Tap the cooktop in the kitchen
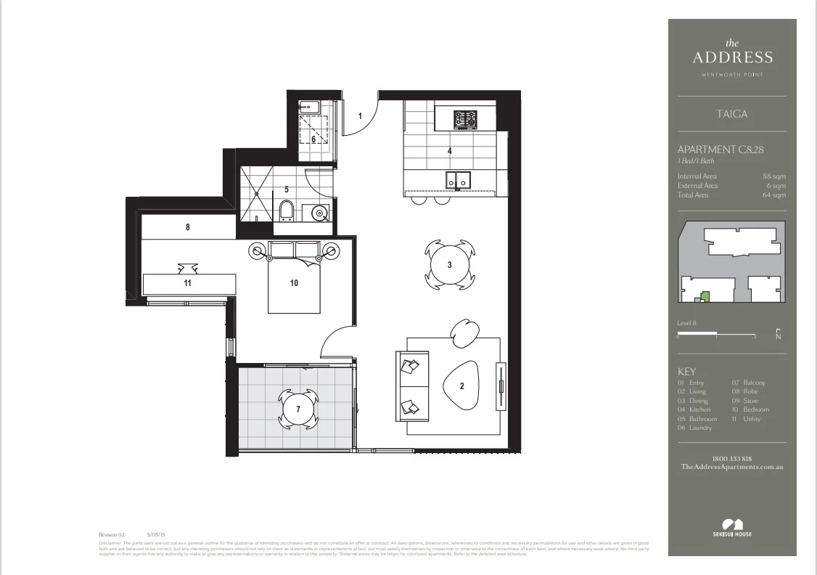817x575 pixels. click(465, 118)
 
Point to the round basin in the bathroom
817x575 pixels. click(317, 213)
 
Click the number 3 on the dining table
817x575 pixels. click(449, 265)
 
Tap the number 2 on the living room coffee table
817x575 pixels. click(461, 386)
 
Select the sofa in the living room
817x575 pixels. click(411, 386)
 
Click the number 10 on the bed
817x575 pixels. click(294, 283)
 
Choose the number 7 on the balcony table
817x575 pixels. click(297, 409)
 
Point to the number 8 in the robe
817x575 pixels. click(187, 227)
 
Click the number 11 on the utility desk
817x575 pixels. click(187, 283)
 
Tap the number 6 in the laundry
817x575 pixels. click(313, 139)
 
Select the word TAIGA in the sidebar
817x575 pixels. click(731, 114)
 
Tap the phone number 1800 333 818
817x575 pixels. click(731, 458)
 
